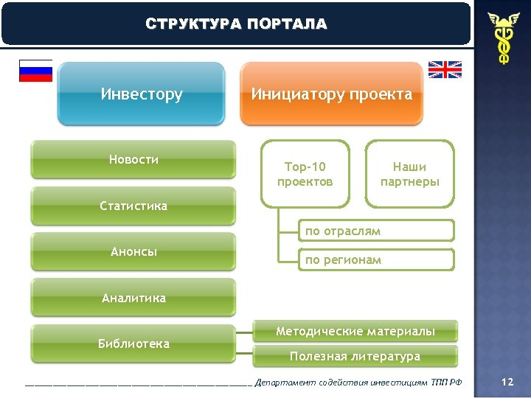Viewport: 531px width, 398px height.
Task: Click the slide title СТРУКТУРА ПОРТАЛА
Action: (236, 24)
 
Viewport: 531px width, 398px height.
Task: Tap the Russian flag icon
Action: (35, 70)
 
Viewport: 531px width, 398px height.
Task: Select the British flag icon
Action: (445, 69)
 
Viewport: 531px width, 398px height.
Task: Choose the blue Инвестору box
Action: (141, 94)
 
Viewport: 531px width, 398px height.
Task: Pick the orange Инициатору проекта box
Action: (331, 94)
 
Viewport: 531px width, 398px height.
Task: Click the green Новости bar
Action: (133, 160)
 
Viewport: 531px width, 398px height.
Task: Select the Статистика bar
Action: (133, 206)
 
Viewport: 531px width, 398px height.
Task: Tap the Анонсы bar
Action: (133, 251)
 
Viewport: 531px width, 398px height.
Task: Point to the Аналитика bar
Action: (133, 298)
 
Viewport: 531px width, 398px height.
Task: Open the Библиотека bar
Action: (133, 343)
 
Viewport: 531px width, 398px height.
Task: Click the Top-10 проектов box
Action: (305, 174)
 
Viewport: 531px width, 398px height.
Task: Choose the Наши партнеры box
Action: (409, 174)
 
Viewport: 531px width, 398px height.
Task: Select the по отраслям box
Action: (376, 231)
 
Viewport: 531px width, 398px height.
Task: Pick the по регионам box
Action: (376, 259)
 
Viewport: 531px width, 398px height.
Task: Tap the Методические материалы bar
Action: (355, 332)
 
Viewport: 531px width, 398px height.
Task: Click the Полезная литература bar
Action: (355, 357)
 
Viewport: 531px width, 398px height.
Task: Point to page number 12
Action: (507, 382)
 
